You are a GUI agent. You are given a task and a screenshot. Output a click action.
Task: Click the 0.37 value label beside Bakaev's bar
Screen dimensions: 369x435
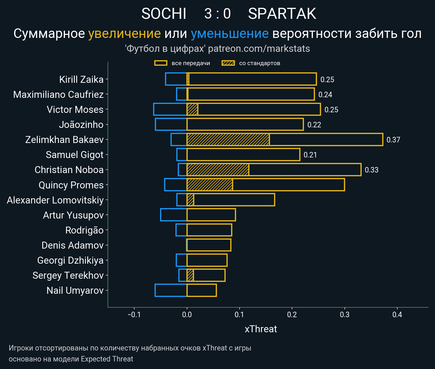click(393, 140)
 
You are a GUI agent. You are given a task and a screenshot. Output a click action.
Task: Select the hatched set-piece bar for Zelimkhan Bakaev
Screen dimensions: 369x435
click(228, 139)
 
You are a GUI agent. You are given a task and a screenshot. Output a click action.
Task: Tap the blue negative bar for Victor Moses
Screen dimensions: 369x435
click(170, 109)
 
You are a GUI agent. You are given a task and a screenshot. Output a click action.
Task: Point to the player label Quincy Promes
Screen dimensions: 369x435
click(71, 185)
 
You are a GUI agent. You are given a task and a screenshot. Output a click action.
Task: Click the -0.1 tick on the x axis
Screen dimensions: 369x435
click(134, 315)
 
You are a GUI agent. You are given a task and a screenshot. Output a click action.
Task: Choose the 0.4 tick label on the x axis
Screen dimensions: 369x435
click(397, 315)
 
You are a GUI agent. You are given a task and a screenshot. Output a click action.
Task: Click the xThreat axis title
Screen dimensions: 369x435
click(261, 329)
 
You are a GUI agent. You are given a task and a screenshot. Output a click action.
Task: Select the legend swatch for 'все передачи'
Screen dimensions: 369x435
click(161, 63)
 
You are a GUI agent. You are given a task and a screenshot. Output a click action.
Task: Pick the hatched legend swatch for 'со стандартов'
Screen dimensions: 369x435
click(228, 63)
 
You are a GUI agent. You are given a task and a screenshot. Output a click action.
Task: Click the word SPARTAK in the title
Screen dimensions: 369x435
click(282, 14)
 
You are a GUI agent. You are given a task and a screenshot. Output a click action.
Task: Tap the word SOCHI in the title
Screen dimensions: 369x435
click(164, 14)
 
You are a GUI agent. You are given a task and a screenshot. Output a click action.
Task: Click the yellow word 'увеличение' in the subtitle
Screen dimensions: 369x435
click(124, 34)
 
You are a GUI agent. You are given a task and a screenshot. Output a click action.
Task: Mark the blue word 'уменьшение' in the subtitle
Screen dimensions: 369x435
click(230, 34)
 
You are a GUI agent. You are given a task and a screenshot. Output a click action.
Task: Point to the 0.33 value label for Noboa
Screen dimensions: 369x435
click(371, 170)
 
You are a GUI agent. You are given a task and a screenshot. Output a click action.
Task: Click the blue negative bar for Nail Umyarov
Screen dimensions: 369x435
click(171, 290)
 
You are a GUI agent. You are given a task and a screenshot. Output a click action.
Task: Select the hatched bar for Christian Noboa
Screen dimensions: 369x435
click(218, 170)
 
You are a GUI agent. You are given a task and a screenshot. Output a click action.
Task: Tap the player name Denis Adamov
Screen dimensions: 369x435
click(72, 245)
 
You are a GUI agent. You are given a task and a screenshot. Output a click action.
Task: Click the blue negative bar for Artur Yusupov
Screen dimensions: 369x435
click(174, 215)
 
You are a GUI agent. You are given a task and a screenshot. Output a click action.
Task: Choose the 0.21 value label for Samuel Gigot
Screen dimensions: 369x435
click(310, 155)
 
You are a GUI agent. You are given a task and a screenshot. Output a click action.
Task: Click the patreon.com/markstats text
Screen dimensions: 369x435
click(259, 49)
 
